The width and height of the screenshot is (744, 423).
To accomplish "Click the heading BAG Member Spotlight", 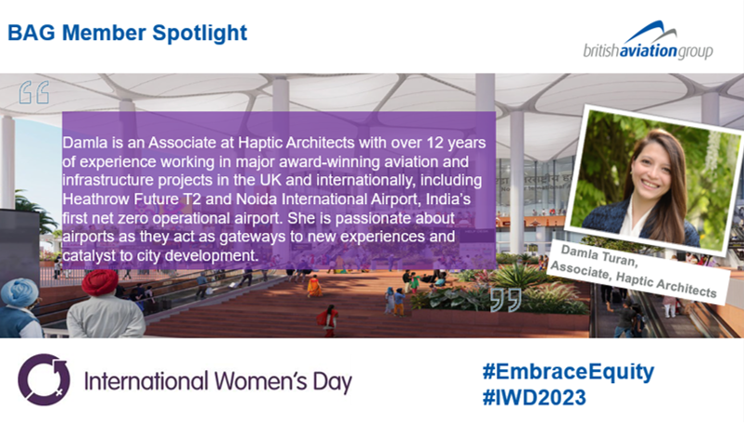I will click(x=128, y=33).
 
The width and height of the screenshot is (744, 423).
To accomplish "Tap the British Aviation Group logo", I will click(x=648, y=43).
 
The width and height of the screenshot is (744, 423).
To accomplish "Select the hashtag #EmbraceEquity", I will click(x=568, y=373).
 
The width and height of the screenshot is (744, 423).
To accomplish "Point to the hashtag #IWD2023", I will click(x=534, y=397).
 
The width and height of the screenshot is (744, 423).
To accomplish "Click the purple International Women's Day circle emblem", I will click(x=44, y=380).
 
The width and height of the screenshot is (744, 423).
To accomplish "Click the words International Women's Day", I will click(x=218, y=381).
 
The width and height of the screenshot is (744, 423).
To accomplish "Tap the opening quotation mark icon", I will click(x=33, y=93).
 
